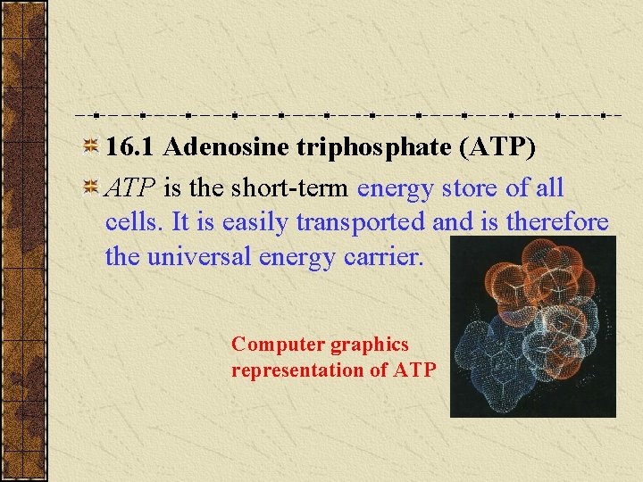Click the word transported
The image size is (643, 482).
351,222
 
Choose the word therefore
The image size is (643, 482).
557,222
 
